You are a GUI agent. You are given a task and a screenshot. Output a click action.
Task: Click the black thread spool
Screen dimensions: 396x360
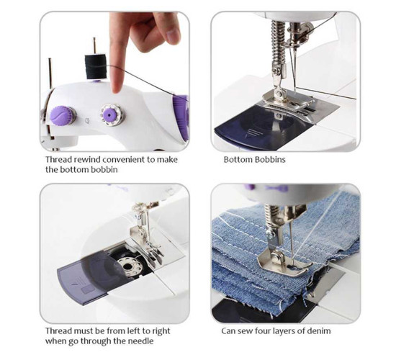click(96, 67)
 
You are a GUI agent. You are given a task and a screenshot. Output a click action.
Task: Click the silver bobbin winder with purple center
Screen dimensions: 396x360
click(111, 115)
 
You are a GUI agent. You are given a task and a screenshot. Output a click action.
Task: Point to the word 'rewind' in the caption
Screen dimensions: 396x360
click(86, 160)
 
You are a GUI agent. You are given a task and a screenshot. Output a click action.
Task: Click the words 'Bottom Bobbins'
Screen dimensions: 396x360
click(255, 160)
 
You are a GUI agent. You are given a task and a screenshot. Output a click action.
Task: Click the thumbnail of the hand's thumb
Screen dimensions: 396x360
click(173, 35)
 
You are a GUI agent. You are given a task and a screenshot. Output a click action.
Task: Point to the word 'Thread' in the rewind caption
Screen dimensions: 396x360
click(58, 160)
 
